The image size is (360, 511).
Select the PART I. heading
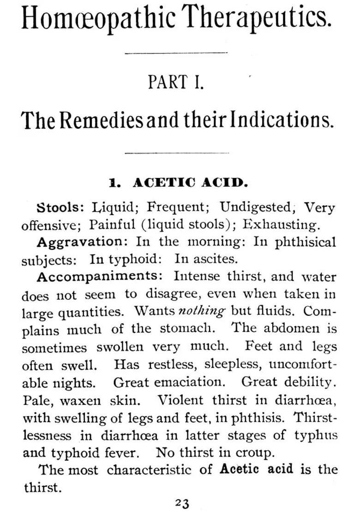click(x=175, y=82)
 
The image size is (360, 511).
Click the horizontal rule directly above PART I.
click(x=176, y=53)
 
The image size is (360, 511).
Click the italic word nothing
click(x=202, y=311)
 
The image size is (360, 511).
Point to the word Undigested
click(x=256, y=207)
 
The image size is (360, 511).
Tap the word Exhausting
click(x=281, y=225)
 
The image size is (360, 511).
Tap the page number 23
click(x=182, y=503)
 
